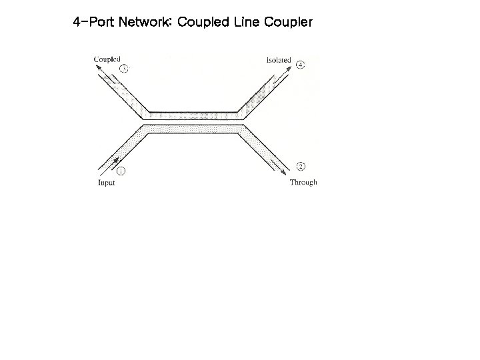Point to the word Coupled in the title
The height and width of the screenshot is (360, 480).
pyautogui.click(x=201, y=22)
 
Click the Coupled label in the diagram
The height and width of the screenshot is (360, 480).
pyautogui.click(x=107, y=59)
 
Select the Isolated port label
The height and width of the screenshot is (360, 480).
pyautogui.click(x=279, y=60)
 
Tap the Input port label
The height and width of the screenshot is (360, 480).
pyautogui.click(x=107, y=183)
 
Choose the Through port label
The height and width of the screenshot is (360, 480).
pyautogui.click(x=303, y=183)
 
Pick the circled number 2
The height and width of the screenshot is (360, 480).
pyautogui.click(x=301, y=167)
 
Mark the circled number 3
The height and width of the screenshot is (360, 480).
pyautogui.click(x=123, y=69)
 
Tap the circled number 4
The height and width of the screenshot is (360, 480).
pyautogui.click(x=301, y=65)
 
